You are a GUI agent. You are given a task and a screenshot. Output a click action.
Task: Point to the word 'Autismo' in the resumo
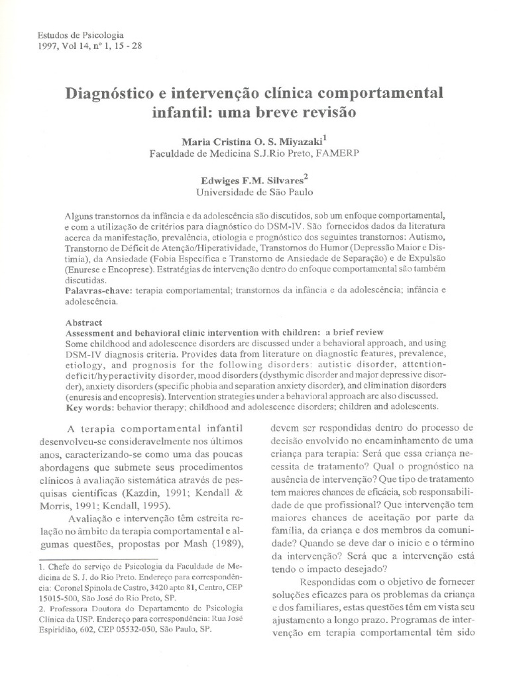click(x=431, y=236)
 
